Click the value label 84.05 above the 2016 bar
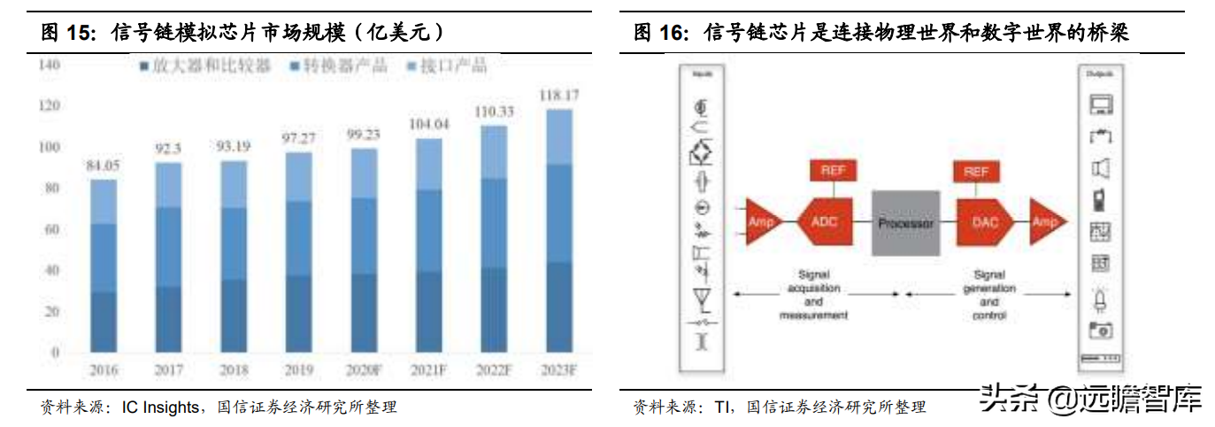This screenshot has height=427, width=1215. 104,164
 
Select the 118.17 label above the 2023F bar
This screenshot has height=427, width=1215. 559,94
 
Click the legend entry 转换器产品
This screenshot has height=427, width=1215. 343,66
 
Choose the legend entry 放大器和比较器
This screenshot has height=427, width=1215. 211,66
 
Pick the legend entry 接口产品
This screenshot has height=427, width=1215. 452,66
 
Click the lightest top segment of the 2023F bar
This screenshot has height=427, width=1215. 559,136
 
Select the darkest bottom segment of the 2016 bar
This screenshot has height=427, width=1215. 104,322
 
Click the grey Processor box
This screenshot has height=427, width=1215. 905,223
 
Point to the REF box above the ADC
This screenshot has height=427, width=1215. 832,170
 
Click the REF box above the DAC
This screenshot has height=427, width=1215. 975,170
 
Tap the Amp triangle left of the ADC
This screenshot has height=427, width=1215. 761,223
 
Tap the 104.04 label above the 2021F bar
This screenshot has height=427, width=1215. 429,124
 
